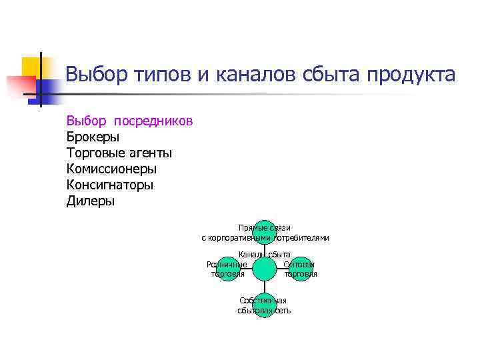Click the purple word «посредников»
click(x=153, y=121)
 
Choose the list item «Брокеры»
click(x=93, y=137)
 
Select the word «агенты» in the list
click(x=143, y=153)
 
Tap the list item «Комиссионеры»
click(x=111, y=169)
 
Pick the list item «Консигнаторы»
click(x=109, y=185)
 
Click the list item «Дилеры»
click(x=90, y=201)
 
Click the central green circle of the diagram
click(x=265, y=269)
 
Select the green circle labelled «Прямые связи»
click(x=265, y=231)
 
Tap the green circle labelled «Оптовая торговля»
click(x=301, y=269)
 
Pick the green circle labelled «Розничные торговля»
click(x=227, y=269)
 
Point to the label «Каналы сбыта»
click(x=265, y=254)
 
